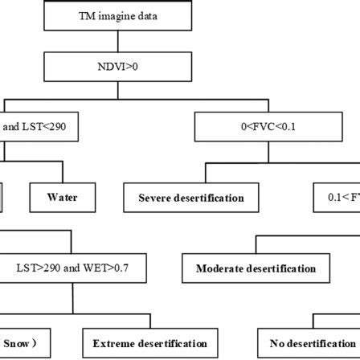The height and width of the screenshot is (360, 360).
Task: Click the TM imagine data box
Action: [118, 15]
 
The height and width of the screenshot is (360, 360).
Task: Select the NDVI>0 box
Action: [118, 67]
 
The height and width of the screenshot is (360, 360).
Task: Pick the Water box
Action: [62, 197]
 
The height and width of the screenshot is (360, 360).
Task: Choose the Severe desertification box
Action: [190, 197]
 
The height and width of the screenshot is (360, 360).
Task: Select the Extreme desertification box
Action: [149, 343]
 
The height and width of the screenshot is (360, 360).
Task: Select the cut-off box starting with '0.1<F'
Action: [336, 197]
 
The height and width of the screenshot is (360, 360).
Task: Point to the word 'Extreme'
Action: [113, 343]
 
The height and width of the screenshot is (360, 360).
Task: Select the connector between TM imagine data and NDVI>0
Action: [118, 41]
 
